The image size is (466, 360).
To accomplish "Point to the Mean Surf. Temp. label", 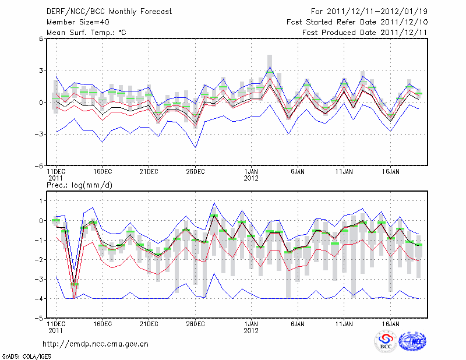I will [86, 32].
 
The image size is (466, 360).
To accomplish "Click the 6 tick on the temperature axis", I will [41, 39].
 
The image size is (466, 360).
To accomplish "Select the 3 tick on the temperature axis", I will [41, 70].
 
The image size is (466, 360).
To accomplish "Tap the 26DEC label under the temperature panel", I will [195, 172].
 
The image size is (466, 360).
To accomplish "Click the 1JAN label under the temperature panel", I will [251, 172].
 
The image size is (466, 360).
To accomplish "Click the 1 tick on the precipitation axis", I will [41, 201].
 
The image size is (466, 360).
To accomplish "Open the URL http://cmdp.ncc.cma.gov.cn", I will [96, 344].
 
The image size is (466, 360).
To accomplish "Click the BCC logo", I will [385, 342].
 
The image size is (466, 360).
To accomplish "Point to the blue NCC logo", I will [412, 342].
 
